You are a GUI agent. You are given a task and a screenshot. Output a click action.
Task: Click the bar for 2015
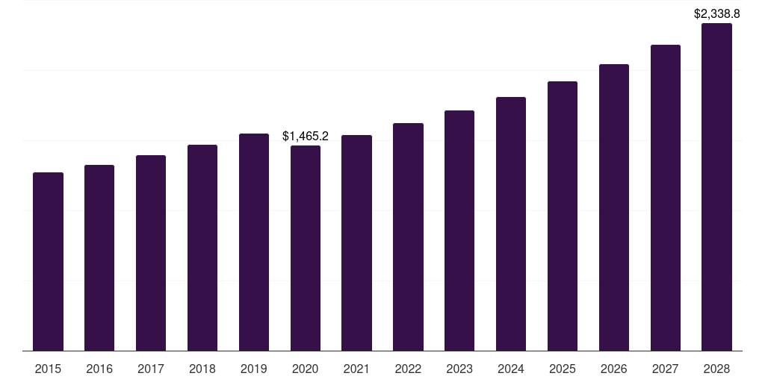click(48, 261)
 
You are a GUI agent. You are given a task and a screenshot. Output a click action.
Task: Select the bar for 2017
click(151, 253)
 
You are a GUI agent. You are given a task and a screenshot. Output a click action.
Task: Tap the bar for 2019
click(254, 242)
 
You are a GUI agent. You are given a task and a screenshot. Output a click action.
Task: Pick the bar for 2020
click(306, 248)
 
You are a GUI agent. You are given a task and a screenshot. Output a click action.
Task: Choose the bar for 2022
click(408, 237)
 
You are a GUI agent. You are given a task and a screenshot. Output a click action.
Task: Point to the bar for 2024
click(511, 224)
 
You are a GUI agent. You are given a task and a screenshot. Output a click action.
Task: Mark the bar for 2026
click(614, 207)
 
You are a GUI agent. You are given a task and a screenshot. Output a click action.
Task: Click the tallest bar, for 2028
click(716, 187)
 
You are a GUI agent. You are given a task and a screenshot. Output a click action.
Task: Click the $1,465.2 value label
click(306, 136)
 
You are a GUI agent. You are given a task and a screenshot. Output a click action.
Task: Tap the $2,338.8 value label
click(716, 13)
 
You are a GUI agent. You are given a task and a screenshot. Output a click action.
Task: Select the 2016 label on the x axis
click(99, 369)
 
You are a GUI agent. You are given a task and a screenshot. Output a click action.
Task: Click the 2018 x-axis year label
click(202, 369)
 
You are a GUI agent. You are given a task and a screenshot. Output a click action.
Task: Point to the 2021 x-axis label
click(356, 369)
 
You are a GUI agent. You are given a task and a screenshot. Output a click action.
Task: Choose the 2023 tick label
click(459, 369)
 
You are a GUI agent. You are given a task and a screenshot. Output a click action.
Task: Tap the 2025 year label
click(563, 369)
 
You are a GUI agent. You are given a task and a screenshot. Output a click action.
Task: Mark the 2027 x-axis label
click(666, 369)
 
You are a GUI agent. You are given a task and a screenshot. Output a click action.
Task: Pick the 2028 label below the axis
click(716, 369)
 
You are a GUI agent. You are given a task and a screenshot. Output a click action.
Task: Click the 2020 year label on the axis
click(306, 369)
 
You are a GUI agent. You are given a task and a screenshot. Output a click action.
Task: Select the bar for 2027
click(666, 198)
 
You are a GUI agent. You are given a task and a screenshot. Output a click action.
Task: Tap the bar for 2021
click(356, 242)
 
